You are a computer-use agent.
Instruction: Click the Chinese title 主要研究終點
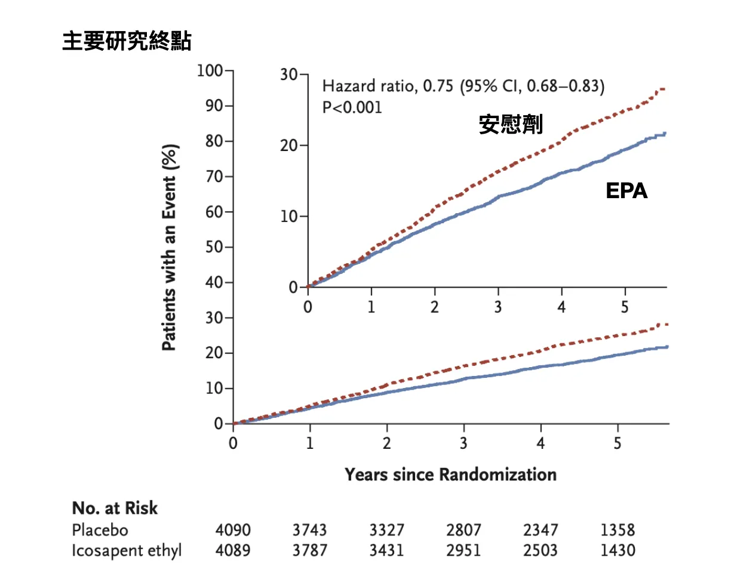pyautogui.click(x=127, y=41)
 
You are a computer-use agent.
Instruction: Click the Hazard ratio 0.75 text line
pyautogui.click(x=463, y=87)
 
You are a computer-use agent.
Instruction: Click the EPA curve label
pyautogui.click(x=626, y=190)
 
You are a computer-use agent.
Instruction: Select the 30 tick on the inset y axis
pyautogui.click(x=289, y=75)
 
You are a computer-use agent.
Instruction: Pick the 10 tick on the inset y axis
pyautogui.click(x=289, y=216)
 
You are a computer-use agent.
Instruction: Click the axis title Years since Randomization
pyautogui.click(x=450, y=475)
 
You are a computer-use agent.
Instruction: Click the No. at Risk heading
pyautogui.click(x=115, y=508)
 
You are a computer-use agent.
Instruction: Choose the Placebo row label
pyautogui.click(x=100, y=529)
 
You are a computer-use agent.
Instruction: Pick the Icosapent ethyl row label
pyautogui.click(x=127, y=550)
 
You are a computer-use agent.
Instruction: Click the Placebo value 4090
pyautogui.click(x=232, y=529)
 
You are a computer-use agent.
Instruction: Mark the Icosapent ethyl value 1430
pyautogui.click(x=618, y=550)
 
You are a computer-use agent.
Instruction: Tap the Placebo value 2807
pyautogui.click(x=464, y=529)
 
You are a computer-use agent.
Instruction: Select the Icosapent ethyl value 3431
pyautogui.click(x=387, y=550)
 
